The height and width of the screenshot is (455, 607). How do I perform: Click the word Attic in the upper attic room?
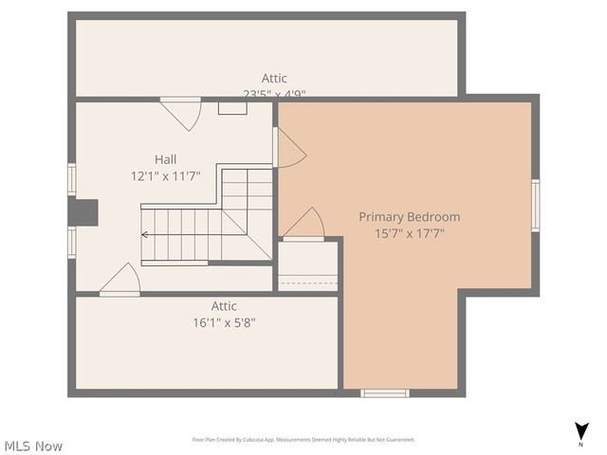(x=274, y=78)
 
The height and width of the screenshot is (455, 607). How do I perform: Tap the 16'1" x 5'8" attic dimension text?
(x=224, y=322)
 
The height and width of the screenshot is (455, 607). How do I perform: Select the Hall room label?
(x=165, y=159)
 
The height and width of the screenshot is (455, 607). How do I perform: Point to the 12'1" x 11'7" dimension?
(x=165, y=175)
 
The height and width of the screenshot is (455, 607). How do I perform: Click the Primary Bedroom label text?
(x=409, y=217)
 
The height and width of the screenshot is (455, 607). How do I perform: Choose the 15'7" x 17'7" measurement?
(x=409, y=233)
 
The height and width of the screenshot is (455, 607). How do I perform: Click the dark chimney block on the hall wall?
(x=83, y=212)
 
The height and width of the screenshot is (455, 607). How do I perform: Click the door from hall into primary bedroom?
(x=288, y=148)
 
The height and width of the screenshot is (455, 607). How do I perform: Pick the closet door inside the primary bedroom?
(x=303, y=225)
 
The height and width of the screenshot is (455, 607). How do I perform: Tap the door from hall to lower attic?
(x=121, y=280)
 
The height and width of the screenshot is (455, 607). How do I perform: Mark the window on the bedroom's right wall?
(x=535, y=206)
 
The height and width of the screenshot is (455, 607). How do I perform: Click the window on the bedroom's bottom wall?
(x=385, y=392)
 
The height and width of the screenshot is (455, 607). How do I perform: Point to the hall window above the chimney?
(x=72, y=179)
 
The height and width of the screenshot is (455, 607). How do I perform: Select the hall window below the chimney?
(x=72, y=242)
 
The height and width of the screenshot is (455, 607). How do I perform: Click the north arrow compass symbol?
(x=580, y=432)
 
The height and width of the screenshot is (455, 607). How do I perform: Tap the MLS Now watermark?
(x=33, y=446)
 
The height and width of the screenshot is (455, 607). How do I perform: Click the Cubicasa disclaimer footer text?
(x=303, y=440)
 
